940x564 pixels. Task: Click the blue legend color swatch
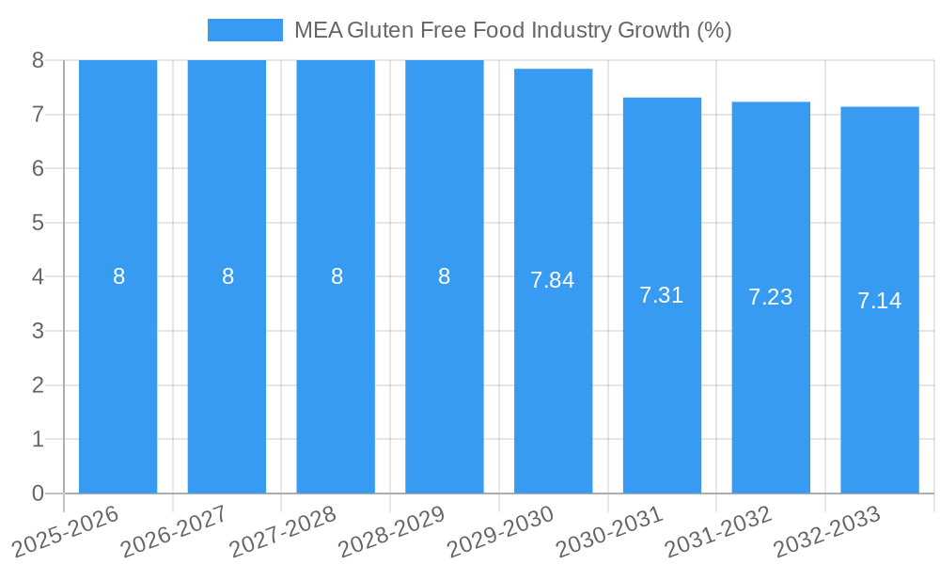pyautogui.click(x=244, y=30)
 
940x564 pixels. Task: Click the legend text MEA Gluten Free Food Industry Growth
pyautogui.click(x=512, y=30)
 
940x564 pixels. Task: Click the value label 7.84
pyautogui.click(x=553, y=280)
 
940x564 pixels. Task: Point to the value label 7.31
pyautogui.click(x=662, y=295)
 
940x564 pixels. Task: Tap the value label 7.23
pyautogui.click(x=771, y=297)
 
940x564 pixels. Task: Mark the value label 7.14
pyautogui.click(x=879, y=301)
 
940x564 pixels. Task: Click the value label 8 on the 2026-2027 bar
pyautogui.click(x=227, y=276)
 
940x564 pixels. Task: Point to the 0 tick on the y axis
pyautogui.click(x=38, y=493)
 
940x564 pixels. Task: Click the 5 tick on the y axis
pyautogui.click(x=38, y=223)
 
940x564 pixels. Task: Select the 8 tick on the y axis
pyautogui.click(x=38, y=60)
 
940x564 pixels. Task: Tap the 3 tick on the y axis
pyautogui.click(x=38, y=331)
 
